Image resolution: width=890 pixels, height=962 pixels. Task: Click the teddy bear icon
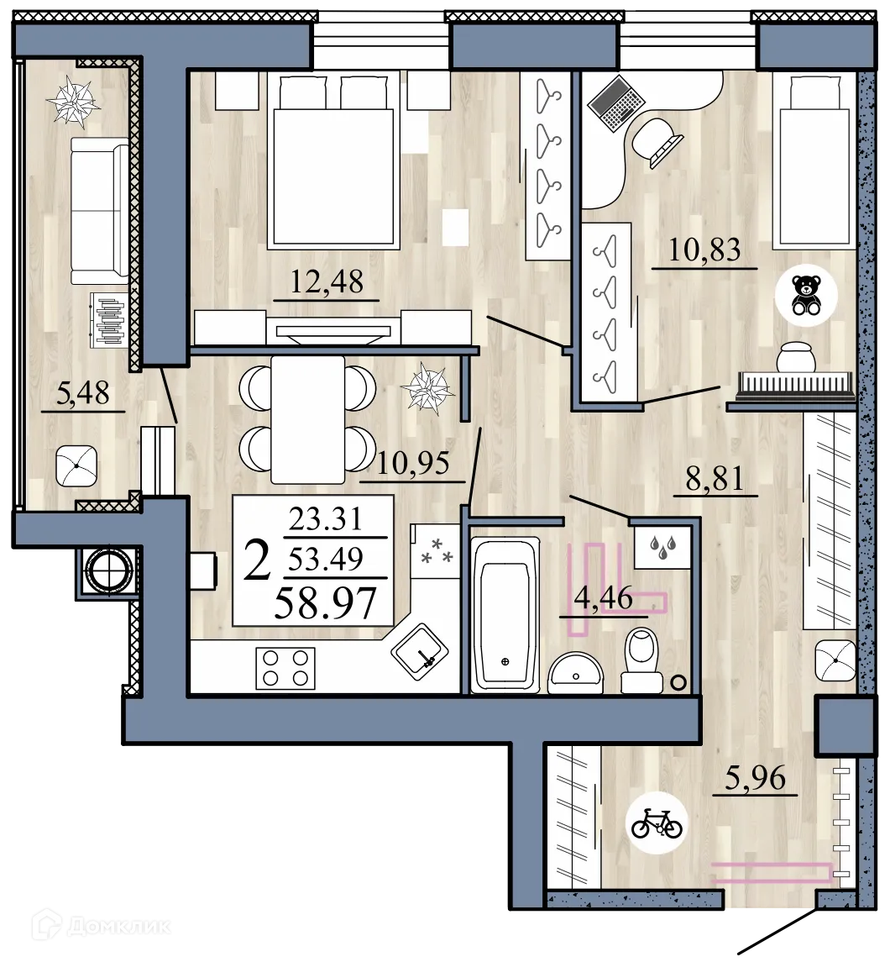(807, 294)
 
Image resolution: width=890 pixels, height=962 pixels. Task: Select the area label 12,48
(327, 281)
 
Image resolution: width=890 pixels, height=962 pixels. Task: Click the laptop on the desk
(616, 102)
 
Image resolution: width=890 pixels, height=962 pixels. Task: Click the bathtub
(504, 615)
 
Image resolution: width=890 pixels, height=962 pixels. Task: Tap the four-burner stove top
(285, 669)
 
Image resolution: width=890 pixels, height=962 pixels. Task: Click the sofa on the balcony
(99, 211)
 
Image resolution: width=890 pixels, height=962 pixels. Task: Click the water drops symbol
(662, 548)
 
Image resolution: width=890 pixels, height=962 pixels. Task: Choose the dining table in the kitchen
(307, 419)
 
